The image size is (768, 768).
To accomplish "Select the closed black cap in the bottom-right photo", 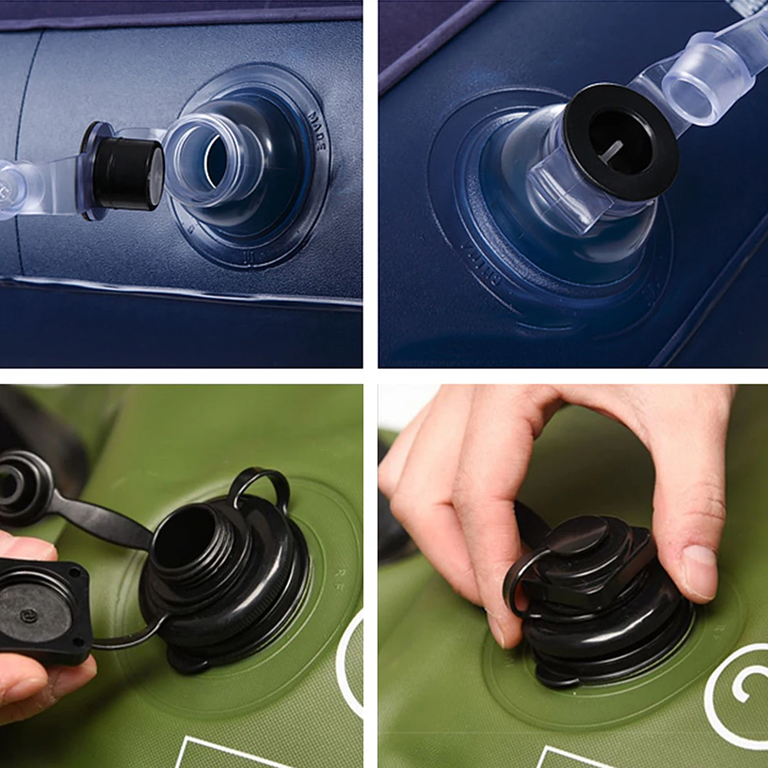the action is point(591,552).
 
